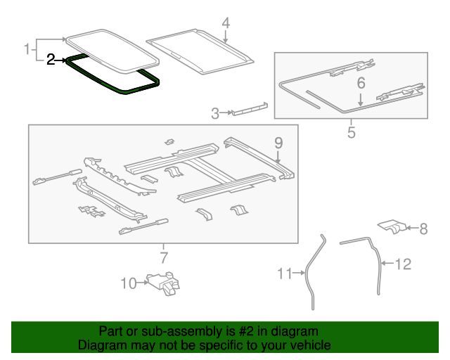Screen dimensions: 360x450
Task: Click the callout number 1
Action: pyautogui.click(x=27, y=49)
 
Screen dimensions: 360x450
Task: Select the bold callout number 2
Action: pyautogui.click(x=51, y=60)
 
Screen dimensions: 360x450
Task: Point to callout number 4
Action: pyautogui.click(x=226, y=23)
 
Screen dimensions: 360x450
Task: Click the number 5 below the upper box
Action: pyautogui.click(x=351, y=131)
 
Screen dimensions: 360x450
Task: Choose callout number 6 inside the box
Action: pyautogui.click(x=361, y=84)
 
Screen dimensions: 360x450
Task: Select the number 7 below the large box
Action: pyautogui.click(x=163, y=257)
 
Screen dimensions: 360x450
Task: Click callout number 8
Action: pyautogui.click(x=423, y=228)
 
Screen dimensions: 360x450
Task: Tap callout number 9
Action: pyautogui.click(x=278, y=143)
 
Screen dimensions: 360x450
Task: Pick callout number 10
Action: pyautogui.click(x=128, y=283)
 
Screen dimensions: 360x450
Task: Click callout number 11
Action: pyautogui.click(x=283, y=274)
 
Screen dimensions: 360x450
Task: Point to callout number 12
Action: pyautogui.click(x=402, y=264)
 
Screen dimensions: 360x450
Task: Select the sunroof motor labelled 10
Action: pyautogui.click(x=163, y=283)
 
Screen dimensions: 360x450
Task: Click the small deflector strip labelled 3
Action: pyautogui.click(x=249, y=109)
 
